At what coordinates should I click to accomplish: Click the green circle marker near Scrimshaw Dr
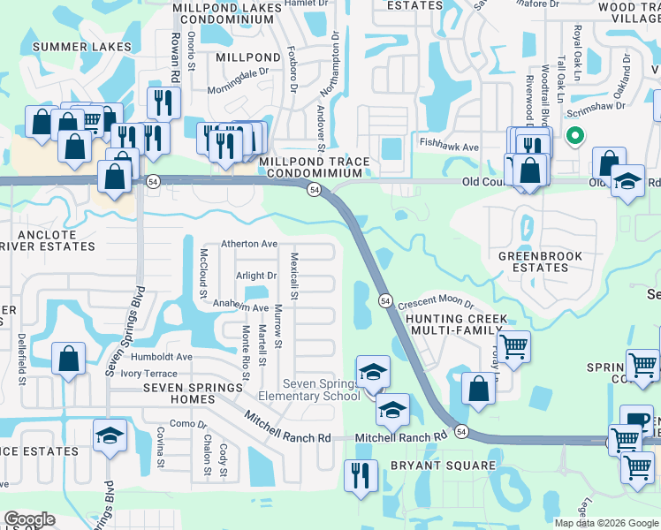point(574,136)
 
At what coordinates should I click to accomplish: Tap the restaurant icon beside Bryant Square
point(359,475)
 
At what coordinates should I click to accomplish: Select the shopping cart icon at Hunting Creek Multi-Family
point(513,345)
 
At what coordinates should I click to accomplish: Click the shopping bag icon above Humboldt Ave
point(68,359)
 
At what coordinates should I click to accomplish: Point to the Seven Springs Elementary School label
point(322,390)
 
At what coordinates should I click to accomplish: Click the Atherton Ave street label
point(249,244)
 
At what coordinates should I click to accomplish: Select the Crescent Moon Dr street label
point(436,304)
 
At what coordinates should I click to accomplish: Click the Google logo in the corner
point(29,519)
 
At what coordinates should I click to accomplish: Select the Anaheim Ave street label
point(240,307)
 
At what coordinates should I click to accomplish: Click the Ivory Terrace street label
point(155,374)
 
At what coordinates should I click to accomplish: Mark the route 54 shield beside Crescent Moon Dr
point(386,300)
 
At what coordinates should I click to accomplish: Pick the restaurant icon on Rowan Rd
point(163,102)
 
